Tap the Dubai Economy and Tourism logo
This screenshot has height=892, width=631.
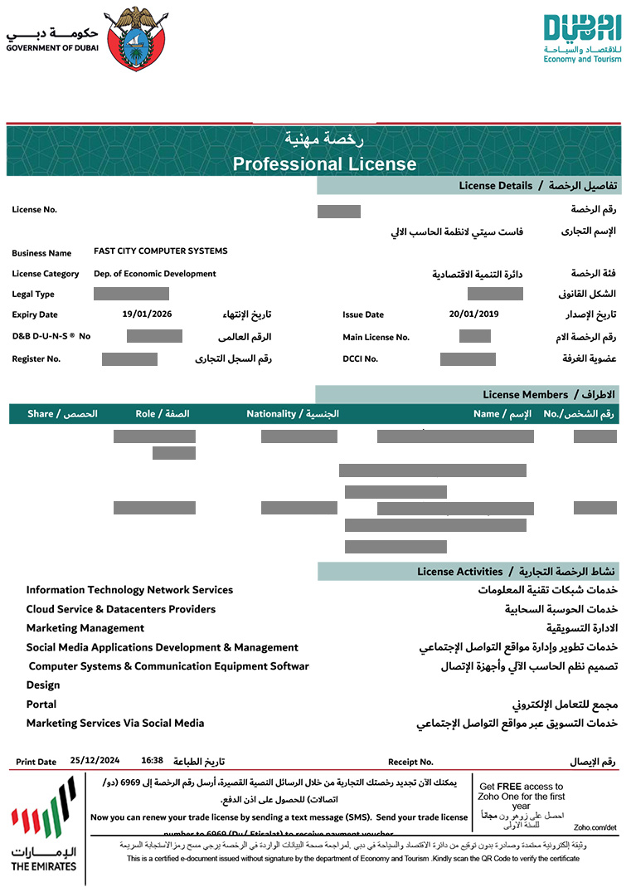click(x=582, y=38)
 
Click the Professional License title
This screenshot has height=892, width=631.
click(x=324, y=163)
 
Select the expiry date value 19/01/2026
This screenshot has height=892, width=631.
click(x=148, y=314)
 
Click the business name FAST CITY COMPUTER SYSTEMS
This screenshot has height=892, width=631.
click(x=160, y=251)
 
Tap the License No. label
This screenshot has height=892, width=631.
click(x=34, y=210)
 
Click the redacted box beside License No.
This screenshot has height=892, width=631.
click(x=338, y=211)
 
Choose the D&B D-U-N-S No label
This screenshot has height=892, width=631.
click(x=51, y=336)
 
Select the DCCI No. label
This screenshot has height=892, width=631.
click(x=360, y=359)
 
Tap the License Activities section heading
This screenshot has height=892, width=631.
click(x=460, y=572)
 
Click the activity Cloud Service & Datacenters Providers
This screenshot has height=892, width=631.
click(x=120, y=609)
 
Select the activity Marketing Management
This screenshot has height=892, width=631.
click(x=85, y=628)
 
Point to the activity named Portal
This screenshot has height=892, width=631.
click(x=41, y=704)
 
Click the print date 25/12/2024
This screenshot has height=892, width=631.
click(x=95, y=760)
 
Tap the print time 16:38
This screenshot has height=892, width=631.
click(x=152, y=760)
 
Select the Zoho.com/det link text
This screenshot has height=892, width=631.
click(x=595, y=827)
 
